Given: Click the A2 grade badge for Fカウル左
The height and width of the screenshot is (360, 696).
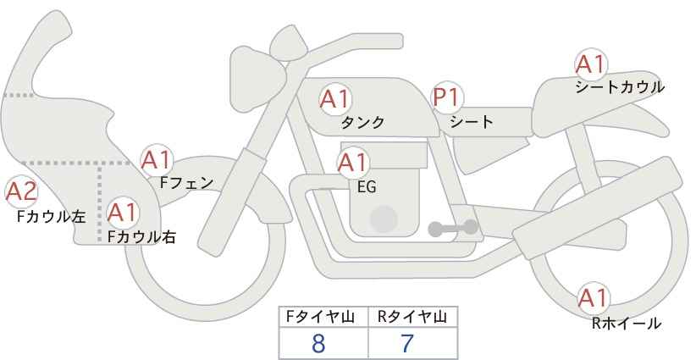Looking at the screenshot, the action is pyautogui.click(x=21, y=192).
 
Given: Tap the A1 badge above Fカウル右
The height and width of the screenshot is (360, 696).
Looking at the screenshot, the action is pyautogui.click(x=122, y=213).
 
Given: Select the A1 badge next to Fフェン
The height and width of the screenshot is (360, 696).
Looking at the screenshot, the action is pyautogui.click(x=157, y=160).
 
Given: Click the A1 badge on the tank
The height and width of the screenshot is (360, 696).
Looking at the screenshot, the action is pyautogui.click(x=335, y=99).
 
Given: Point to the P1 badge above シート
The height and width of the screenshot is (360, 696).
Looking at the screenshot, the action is pyautogui.click(x=447, y=97).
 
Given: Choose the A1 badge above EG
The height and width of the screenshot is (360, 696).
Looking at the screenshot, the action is pyautogui.click(x=352, y=163).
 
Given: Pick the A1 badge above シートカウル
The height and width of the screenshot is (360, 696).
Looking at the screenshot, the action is pyautogui.click(x=591, y=64).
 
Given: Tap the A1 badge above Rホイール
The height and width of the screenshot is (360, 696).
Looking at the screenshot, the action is pyautogui.click(x=593, y=298).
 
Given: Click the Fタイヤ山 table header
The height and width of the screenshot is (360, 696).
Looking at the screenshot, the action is pyautogui.click(x=320, y=317).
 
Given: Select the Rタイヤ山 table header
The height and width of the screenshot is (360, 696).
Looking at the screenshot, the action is pyautogui.click(x=412, y=317).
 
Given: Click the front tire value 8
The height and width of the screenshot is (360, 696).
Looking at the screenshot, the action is pyautogui.click(x=318, y=344).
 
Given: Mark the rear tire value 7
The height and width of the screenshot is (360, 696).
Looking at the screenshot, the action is pyautogui.click(x=407, y=344).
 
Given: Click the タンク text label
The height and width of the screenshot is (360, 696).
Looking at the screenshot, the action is pyautogui.click(x=362, y=123).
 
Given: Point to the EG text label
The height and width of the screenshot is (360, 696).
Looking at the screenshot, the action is pyautogui.click(x=367, y=187).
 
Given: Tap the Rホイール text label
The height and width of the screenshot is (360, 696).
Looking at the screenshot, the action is pyautogui.click(x=627, y=324).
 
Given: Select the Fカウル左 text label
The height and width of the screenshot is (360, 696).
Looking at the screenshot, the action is pyautogui.click(x=51, y=217).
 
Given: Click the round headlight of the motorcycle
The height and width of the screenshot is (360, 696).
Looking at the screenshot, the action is pyautogui.click(x=257, y=79).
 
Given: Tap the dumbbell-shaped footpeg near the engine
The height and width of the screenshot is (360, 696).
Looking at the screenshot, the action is pyautogui.click(x=453, y=228).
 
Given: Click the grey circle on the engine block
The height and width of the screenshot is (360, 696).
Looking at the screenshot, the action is pyautogui.click(x=384, y=219).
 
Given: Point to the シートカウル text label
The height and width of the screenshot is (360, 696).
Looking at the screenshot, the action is pyautogui.click(x=620, y=87).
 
